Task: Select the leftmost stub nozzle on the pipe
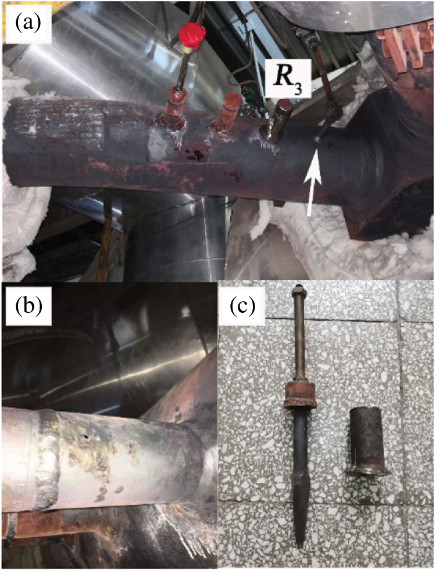(x=176, y=107)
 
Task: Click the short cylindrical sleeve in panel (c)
(x=367, y=439)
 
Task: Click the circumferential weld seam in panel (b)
(x=47, y=459)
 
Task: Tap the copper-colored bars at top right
(x=405, y=45)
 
